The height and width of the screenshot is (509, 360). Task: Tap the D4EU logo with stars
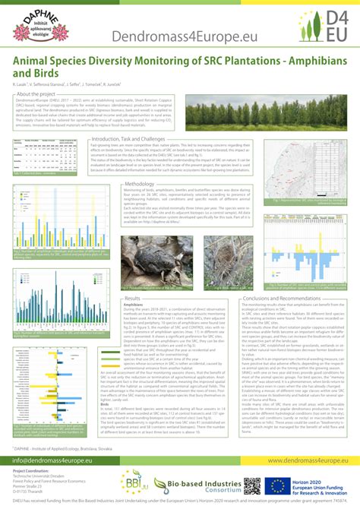point(330,26)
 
